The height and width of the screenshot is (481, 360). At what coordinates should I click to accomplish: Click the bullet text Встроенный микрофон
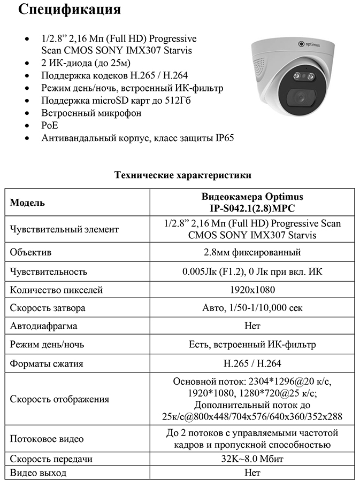[x=91, y=113]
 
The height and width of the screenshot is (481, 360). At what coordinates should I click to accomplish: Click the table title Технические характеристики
[x=182, y=175]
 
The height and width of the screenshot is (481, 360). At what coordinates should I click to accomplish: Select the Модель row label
[x=28, y=203]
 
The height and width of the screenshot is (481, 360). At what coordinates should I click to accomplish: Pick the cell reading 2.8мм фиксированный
[x=252, y=252]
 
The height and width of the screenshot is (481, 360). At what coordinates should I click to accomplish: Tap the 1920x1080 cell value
[x=252, y=290]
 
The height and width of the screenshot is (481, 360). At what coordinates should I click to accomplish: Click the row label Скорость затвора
[x=48, y=308]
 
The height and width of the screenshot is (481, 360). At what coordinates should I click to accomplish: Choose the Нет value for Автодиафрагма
[x=252, y=325]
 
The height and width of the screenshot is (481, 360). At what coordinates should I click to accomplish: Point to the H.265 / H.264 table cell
[x=252, y=363]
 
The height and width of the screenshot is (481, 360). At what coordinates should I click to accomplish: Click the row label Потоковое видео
[x=47, y=439]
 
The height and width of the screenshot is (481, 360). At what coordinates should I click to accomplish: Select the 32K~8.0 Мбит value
[x=252, y=459]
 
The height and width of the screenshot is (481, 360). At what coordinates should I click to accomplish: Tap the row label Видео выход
[x=39, y=473]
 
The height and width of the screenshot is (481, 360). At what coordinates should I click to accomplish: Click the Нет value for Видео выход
[x=252, y=473]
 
